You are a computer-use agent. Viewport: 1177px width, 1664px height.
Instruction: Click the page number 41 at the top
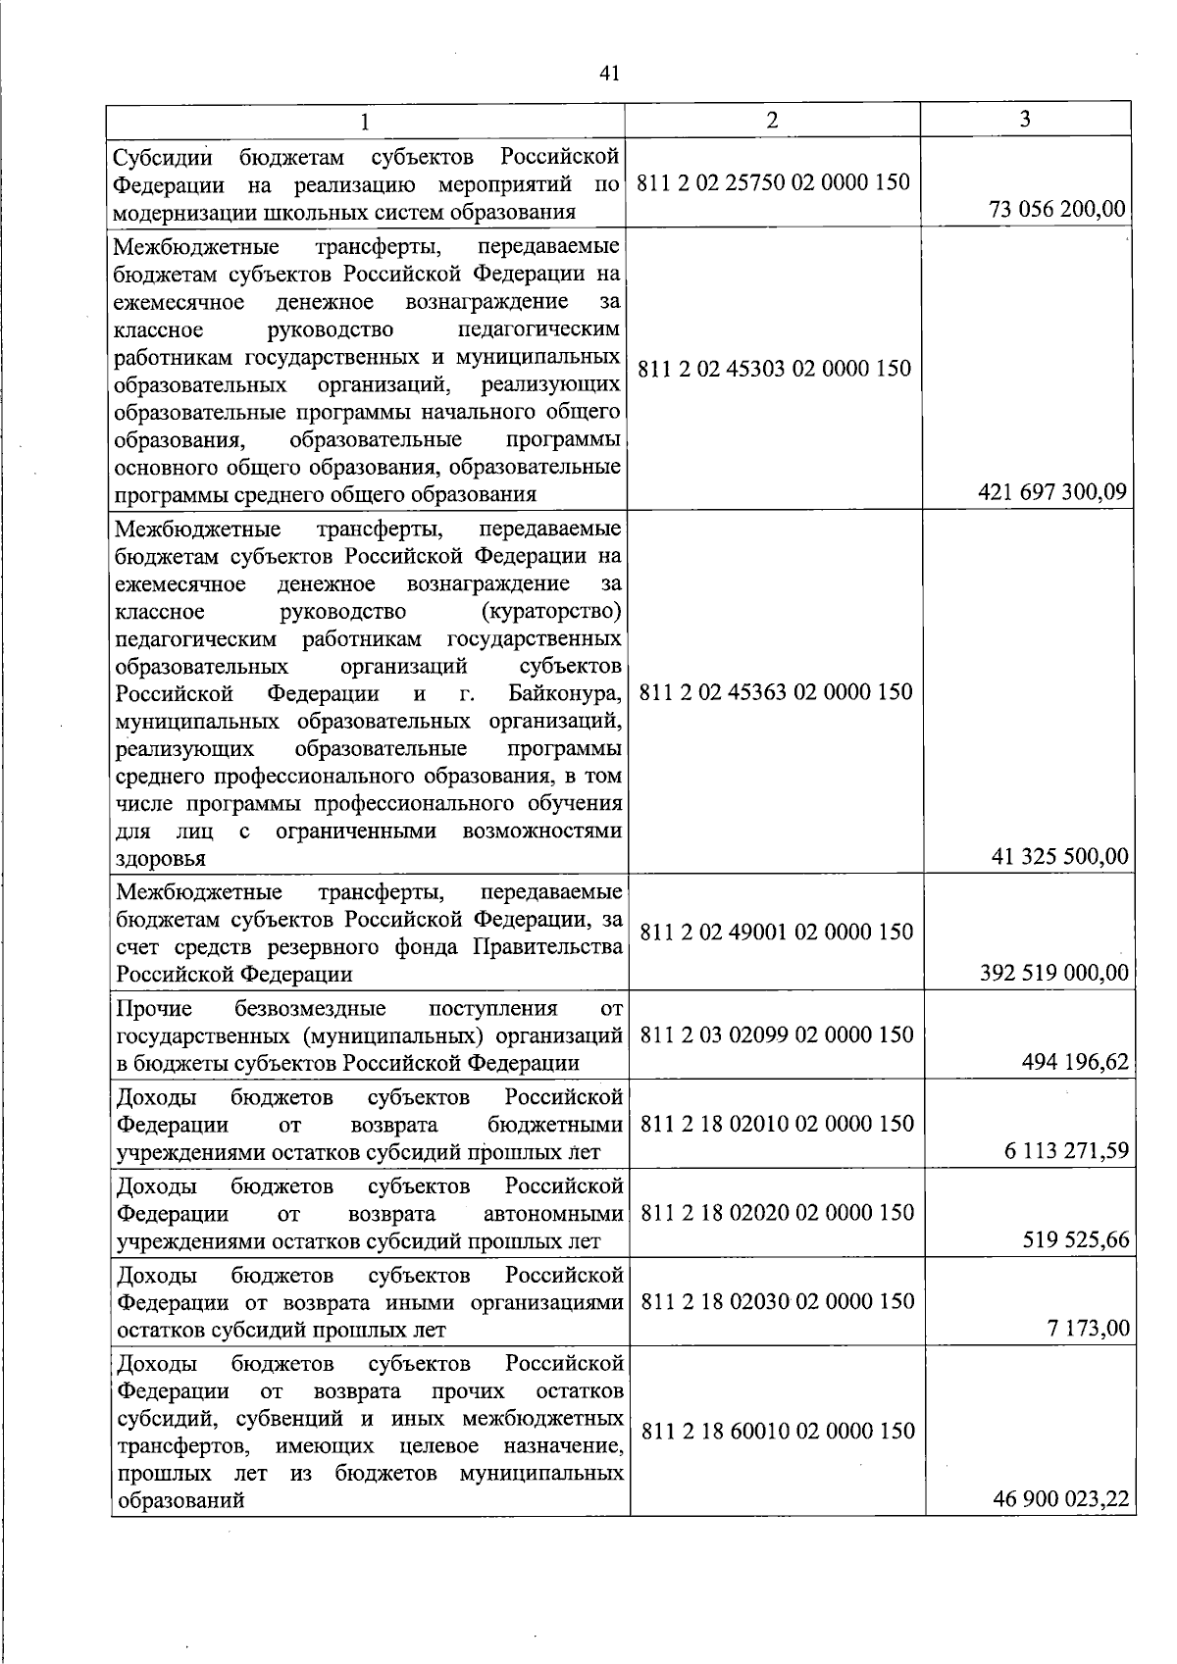click(x=609, y=74)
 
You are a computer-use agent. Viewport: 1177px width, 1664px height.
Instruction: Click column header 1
click(x=365, y=122)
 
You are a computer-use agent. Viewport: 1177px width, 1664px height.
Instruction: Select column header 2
click(x=773, y=120)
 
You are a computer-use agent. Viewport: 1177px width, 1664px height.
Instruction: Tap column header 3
click(x=1025, y=119)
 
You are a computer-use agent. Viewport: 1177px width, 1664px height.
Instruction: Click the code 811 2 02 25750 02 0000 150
click(x=774, y=182)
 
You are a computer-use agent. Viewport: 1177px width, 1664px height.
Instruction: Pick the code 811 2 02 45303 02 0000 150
click(x=775, y=369)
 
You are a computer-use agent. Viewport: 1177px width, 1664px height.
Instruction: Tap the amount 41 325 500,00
click(x=1061, y=856)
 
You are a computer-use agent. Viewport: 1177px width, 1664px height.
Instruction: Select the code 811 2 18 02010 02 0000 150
click(x=777, y=1124)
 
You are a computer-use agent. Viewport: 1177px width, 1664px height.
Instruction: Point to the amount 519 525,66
click(x=1076, y=1240)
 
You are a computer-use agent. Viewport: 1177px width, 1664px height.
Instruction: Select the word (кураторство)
click(x=552, y=613)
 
